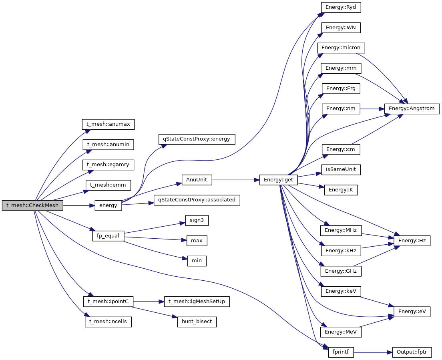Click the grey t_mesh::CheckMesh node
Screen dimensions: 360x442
tap(32, 205)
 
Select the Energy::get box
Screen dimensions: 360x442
tap(278, 180)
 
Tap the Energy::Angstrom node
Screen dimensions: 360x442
tap(412, 108)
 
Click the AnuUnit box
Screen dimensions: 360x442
tap(197, 180)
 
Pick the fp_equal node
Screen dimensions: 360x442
tap(108, 236)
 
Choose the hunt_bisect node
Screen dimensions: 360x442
tap(197, 322)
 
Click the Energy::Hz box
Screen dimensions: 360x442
tap(412, 241)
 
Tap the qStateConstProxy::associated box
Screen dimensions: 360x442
tap(197, 199)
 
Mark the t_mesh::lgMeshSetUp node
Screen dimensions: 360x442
tap(197, 302)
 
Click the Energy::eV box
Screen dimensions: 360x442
tap(412, 312)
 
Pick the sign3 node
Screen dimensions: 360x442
tap(197, 220)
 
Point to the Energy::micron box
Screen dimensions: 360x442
tap(341, 48)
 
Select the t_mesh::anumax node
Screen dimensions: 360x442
tap(108, 124)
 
